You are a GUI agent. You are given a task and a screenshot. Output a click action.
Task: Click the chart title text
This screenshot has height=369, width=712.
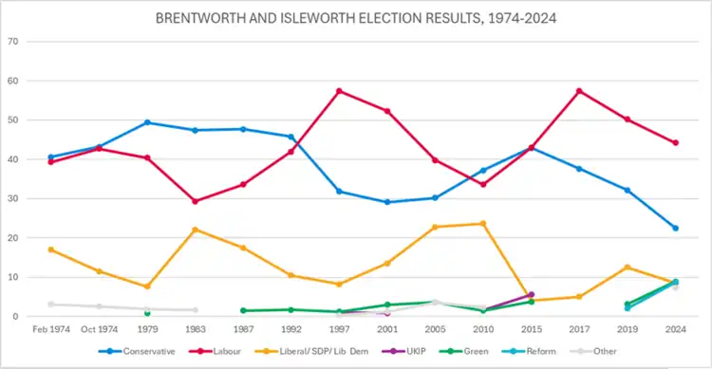pos(356,18)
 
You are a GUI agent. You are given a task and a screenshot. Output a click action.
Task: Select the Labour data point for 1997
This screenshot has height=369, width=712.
pos(339,91)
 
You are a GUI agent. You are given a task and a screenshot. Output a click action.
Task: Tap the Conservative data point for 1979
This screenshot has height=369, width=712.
pos(147,122)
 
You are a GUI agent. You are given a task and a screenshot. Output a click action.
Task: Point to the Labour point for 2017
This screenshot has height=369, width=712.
pos(579,91)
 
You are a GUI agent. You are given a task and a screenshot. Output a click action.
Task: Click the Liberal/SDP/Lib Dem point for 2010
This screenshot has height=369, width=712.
pos(483,224)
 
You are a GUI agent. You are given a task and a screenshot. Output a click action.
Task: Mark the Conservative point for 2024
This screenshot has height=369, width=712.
pos(676,229)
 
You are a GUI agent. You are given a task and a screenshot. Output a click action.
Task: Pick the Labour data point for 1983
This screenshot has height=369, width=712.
pos(196,201)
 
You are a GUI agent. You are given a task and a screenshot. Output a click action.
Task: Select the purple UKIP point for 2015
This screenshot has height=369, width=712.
pos(532,295)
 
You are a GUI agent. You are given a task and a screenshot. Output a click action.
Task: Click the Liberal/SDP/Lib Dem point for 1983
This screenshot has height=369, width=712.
pos(196,230)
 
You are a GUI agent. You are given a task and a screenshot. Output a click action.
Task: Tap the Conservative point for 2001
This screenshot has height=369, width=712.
pos(387,202)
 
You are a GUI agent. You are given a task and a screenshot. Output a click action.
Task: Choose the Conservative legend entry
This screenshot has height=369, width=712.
pos(137,351)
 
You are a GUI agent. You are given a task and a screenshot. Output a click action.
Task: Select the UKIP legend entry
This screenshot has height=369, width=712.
pos(404,351)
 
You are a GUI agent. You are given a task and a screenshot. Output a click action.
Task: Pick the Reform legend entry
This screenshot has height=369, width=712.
pos(529,351)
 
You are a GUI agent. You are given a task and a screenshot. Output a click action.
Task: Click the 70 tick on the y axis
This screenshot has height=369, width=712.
pos(12,42)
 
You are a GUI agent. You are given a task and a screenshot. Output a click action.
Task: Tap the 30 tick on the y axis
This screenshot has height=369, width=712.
pos(12,199)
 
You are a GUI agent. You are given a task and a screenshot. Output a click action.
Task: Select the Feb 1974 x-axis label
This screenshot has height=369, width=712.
pos(51,329)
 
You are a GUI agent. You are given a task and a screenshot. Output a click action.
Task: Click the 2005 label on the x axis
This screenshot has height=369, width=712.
pos(435,329)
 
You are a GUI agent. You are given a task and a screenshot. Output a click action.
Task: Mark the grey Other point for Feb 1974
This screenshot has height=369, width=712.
pos(51,304)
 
